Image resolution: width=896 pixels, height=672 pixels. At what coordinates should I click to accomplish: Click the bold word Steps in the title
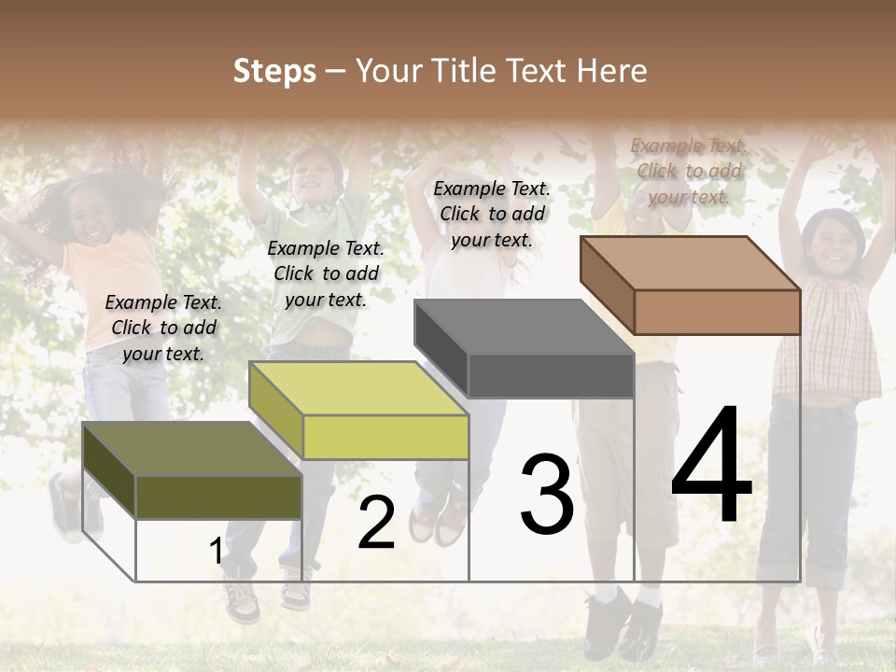click(274, 71)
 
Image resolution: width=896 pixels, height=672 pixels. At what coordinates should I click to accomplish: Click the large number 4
click(711, 469)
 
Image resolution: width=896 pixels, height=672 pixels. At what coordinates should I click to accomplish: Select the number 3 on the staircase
click(547, 496)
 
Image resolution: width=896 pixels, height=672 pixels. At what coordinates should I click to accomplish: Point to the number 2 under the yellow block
click(376, 523)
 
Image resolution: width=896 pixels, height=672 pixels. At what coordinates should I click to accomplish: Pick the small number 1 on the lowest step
click(216, 552)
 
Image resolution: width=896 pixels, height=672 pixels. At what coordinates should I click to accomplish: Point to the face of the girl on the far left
click(93, 220)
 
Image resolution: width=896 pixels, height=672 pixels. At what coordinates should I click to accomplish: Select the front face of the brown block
click(717, 312)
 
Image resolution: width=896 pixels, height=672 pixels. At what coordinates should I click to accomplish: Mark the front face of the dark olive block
click(218, 497)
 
